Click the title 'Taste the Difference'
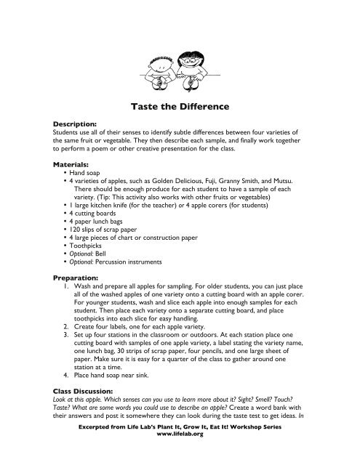(x=180, y=107)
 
